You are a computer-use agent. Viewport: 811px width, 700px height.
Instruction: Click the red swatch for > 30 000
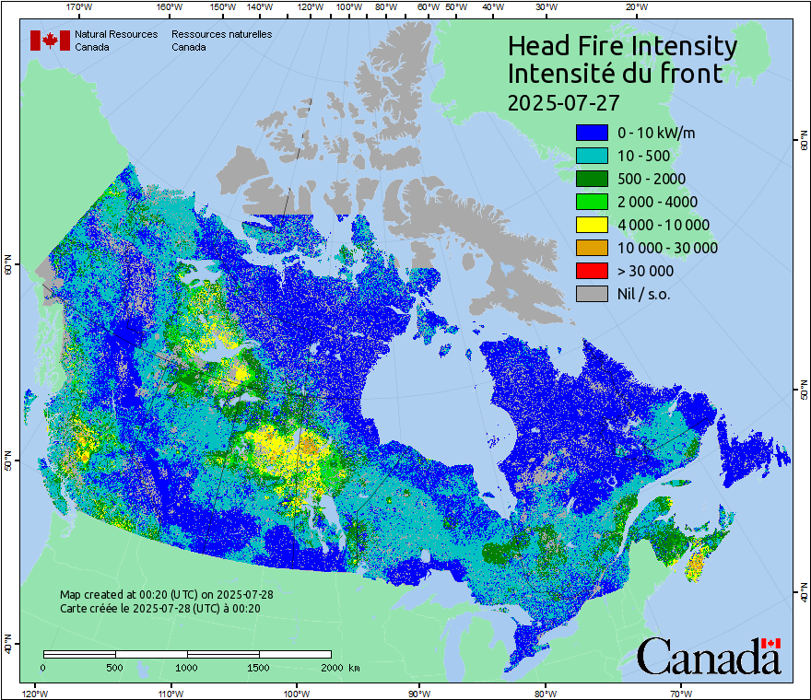(591, 271)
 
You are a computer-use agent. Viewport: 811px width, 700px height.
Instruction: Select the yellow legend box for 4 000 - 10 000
(591, 225)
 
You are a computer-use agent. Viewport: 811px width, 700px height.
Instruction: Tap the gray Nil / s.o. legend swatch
(591, 294)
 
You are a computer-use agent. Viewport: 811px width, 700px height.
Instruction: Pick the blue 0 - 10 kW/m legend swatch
(591, 133)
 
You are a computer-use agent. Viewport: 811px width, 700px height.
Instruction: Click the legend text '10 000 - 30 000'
(667, 248)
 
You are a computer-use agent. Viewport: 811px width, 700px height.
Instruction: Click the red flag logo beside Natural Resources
(50, 40)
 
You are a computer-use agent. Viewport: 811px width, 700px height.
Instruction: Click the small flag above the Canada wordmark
(770, 642)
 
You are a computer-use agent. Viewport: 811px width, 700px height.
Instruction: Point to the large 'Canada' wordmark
(709, 659)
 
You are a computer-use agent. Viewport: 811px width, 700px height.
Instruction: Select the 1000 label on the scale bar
(187, 667)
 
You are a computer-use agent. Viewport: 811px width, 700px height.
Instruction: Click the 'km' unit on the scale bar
(354, 667)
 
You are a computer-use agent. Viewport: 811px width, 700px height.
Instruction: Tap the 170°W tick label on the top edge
(80, 7)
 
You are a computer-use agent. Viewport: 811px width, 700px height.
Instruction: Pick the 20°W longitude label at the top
(634, 7)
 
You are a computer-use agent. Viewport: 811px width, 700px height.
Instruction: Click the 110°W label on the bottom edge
(170, 693)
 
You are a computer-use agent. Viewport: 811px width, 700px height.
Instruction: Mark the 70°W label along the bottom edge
(680, 693)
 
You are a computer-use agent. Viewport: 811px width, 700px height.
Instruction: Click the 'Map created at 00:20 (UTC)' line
(167, 594)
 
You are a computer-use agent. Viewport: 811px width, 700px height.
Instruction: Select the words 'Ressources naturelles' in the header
(221, 34)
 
